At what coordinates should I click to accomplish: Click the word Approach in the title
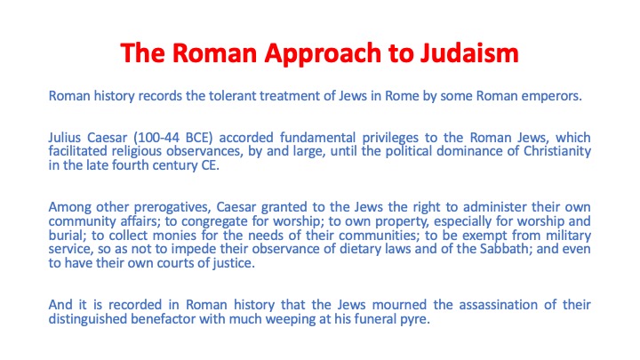click(323, 54)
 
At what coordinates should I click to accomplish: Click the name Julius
click(65, 137)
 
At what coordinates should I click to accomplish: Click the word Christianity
click(557, 151)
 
